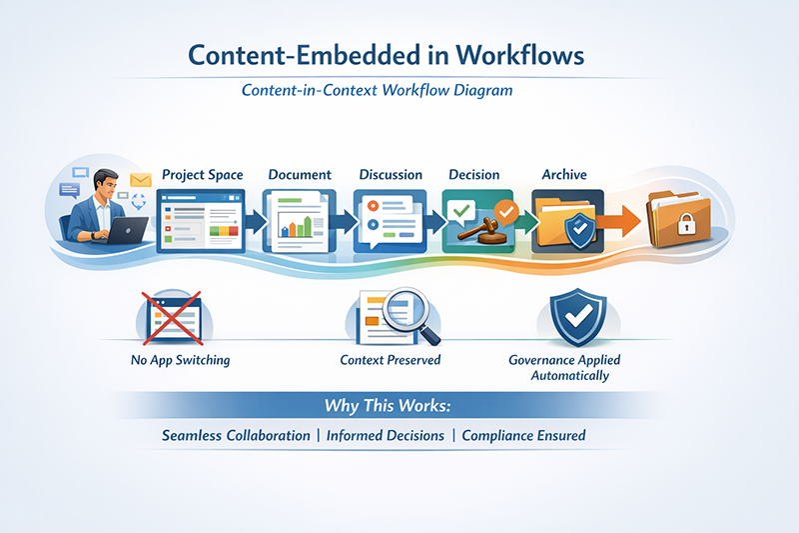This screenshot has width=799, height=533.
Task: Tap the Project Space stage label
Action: (x=202, y=175)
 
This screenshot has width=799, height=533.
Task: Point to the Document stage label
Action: (x=300, y=175)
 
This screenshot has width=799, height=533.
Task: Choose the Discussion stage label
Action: (x=390, y=175)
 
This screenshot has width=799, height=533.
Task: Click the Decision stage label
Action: (x=474, y=175)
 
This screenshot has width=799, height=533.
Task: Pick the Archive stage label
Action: (x=564, y=175)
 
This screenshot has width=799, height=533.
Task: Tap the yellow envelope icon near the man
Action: (x=138, y=182)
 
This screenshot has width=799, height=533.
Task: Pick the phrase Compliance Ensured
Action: (x=523, y=436)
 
